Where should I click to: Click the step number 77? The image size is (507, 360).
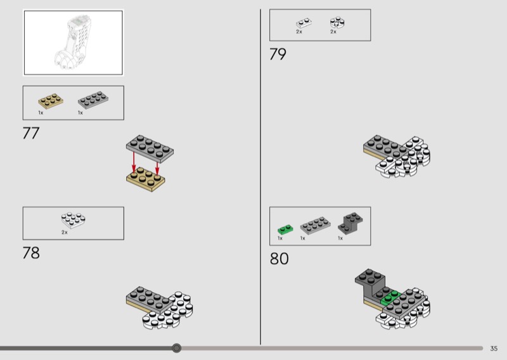[31, 133]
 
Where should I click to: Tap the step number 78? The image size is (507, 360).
[31, 253]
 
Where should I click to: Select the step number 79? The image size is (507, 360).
[278, 54]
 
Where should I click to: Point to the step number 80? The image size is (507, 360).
[279, 259]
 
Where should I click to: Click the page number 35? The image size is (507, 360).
[494, 349]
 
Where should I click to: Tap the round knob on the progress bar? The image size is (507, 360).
[177, 348]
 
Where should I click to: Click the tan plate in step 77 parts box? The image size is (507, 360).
[51, 101]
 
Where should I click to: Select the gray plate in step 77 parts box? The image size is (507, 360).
[93, 100]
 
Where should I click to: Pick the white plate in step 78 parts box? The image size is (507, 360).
[74, 220]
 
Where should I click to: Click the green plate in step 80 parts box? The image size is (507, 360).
[286, 229]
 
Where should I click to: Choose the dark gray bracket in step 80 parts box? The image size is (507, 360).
[350, 223]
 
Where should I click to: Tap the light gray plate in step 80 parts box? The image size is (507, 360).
[315, 225]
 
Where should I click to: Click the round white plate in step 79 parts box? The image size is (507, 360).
[337, 23]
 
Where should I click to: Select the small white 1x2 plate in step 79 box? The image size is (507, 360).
[304, 23]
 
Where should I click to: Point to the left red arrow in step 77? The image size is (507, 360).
[134, 162]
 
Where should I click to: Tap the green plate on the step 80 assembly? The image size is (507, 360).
[390, 299]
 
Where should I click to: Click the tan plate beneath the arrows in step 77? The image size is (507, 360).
[146, 179]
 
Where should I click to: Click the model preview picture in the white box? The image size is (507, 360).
[74, 42]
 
